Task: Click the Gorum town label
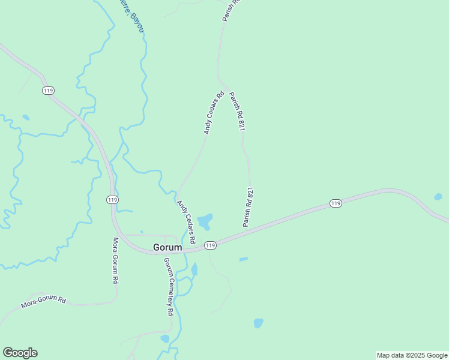(167, 247)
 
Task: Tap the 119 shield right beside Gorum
(210, 245)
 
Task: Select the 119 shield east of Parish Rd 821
(336, 204)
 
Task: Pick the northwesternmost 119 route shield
(49, 91)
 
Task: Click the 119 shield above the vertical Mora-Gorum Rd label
(112, 199)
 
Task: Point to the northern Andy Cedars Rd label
(214, 112)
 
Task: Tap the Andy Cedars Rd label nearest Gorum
(187, 221)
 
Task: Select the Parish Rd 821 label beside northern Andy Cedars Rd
(238, 111)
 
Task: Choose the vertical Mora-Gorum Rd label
(116, 261)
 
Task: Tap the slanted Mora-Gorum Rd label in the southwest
(43, 301)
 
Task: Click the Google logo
(20, 353)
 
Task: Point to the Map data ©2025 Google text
(412, 355)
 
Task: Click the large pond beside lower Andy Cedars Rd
(205, 222)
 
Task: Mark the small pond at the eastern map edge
(438, 196)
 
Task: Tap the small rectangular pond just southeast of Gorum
(243, 259)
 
